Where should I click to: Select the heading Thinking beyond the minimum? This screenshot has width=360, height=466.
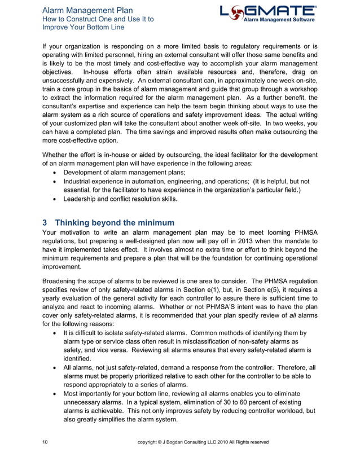pos(115,223)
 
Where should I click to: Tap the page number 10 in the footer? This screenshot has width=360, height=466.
pos(45,442)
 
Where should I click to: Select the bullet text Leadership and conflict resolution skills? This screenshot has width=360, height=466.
pos(121,199)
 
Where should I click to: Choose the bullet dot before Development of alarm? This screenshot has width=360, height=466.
pos(53,172)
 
